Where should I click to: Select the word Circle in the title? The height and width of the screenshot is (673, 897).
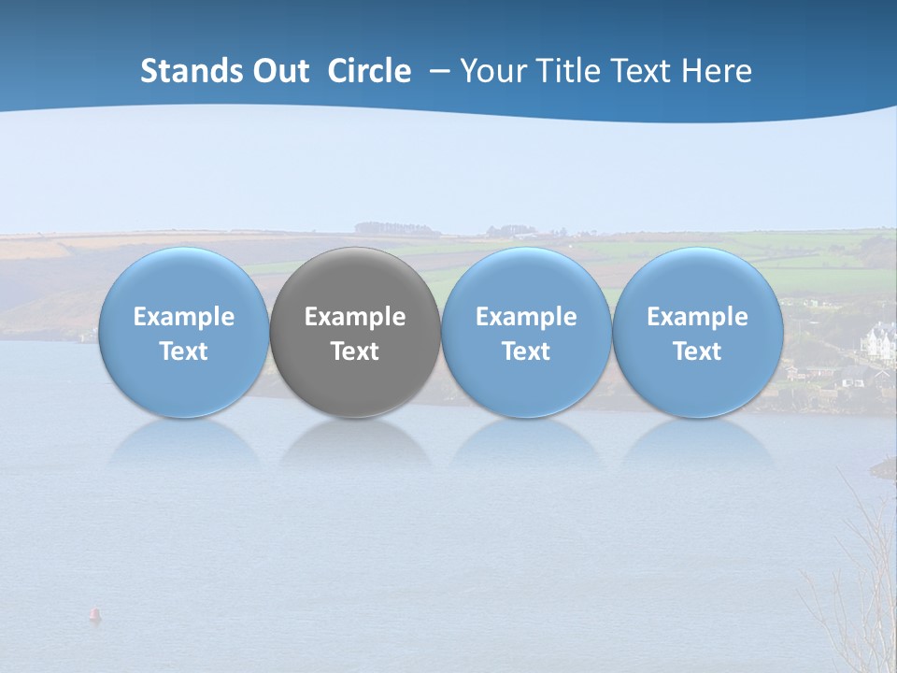pyautogui.click(x=369, y=71)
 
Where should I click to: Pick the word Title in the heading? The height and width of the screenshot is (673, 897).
pyautogui.click(x=563, y=71)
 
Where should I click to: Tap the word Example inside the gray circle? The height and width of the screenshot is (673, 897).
pyautogui.click(x=355, y=317)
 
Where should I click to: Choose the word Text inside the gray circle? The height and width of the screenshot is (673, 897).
pyautogui.click(x=355, y=351)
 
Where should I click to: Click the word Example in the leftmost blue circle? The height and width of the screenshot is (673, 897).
pyautogui.click(x=184, y=317)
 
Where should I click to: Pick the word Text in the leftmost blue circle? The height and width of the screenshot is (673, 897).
pyautogui.click(x=184, y=351)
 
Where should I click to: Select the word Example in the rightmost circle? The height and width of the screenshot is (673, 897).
pyautogui.click(x=698, y=317)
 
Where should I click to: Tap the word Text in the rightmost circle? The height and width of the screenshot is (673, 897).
pyautogui.click(x=698, y=351)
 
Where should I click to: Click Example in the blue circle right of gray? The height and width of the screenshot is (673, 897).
pyautogui.click(x=526, y=317)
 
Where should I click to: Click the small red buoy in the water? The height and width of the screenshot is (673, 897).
pyautogui.click(x=93, y=614)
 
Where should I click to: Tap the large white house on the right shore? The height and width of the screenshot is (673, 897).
pyautogui.click(x=879, y=341)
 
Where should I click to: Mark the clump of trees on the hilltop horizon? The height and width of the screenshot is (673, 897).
pyautogui.click(x=396, y=228)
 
